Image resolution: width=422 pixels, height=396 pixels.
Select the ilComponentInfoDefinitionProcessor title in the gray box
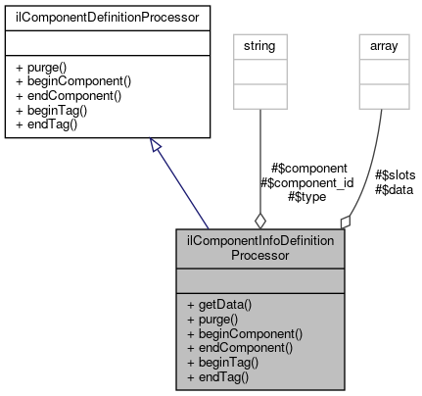[x=260, y=247]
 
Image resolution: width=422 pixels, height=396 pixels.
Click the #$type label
[x=306, y=197]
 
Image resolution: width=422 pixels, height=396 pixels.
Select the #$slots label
[x=396, y=175]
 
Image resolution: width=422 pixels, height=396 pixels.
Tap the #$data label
[x=394, y=189]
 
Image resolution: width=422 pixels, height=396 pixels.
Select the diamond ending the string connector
[x=259, y=221]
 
